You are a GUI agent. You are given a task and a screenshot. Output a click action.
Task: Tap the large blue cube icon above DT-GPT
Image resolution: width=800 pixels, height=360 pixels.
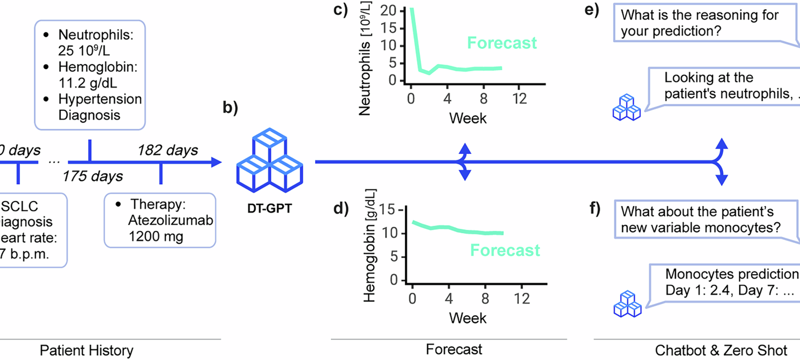(270, 159)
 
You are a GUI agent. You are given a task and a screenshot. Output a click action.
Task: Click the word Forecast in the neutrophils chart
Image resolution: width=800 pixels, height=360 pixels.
(502, 43)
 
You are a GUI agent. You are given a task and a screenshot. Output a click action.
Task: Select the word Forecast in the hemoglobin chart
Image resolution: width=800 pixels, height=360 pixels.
(505, 250)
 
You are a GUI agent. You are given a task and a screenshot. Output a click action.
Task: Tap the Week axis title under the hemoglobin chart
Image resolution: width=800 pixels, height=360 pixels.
(467, 318)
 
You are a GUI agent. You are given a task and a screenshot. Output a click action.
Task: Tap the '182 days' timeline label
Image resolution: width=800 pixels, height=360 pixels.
(167, 150)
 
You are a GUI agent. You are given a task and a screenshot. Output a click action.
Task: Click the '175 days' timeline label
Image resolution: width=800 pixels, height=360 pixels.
(92, 176)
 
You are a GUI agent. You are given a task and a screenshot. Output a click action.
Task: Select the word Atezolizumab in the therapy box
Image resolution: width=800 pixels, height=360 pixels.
(172, 221)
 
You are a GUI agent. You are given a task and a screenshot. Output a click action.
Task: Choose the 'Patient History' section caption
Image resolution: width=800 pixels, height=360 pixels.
(88, 350)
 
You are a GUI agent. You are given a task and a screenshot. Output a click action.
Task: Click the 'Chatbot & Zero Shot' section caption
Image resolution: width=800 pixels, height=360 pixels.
(721, 350)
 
